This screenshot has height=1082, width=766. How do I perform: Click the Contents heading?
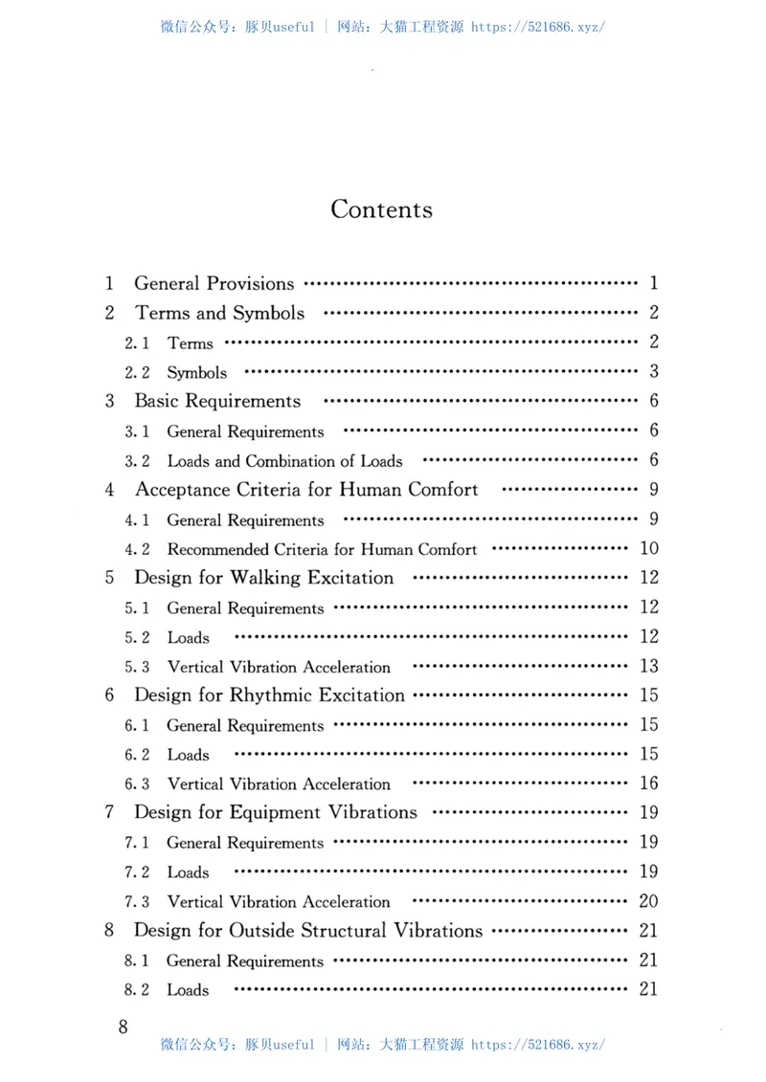pyautogui.click(x=381, y=210)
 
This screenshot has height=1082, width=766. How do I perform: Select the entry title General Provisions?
pyautogui.click(x=214, y=283)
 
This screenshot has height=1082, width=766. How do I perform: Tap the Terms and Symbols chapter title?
pyautogui.click(x=220, y=313)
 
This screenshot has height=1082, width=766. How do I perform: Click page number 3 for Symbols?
pyautogui.click(x=654, y=371)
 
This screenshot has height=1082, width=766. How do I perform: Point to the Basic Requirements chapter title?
pyautogui.click(x=217, y=401)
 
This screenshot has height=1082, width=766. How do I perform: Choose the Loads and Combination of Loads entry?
pyautogui.click(x=284, y=461)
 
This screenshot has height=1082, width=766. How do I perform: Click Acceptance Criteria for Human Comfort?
pyautogui.click(x=306, y=490)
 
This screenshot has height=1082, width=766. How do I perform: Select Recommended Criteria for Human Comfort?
pyautogui.click(x=322, y=549)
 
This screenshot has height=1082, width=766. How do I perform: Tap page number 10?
pyautogui.click(x=648, y=548)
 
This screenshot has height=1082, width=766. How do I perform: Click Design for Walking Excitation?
pyautogui.click(x=264, y=578)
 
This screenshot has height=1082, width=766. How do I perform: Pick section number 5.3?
pyautogui.click(x=137, y=667)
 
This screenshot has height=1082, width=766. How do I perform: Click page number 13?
pyautogui.click(x=648, y=666)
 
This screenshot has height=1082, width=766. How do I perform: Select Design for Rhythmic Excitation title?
pyautogui.click(x=269, y=696)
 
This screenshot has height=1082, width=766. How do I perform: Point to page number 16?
pyautogui.click(x=648, y=784)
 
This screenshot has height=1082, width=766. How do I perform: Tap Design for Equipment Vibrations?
pyautogui.click(x=276, y=812)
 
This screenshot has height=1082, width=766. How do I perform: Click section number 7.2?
pyautogui.click(x=137, y=872)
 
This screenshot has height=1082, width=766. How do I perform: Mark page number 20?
pyautogui.click(x=648, y=901)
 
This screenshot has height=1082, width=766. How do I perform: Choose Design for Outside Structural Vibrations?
pyautogui.click(x=308, y=931)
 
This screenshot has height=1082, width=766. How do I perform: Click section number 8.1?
pyautogui.click(x=137, y=961)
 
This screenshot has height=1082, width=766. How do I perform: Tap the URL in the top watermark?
pyautogui.click(x=539, y=27)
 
